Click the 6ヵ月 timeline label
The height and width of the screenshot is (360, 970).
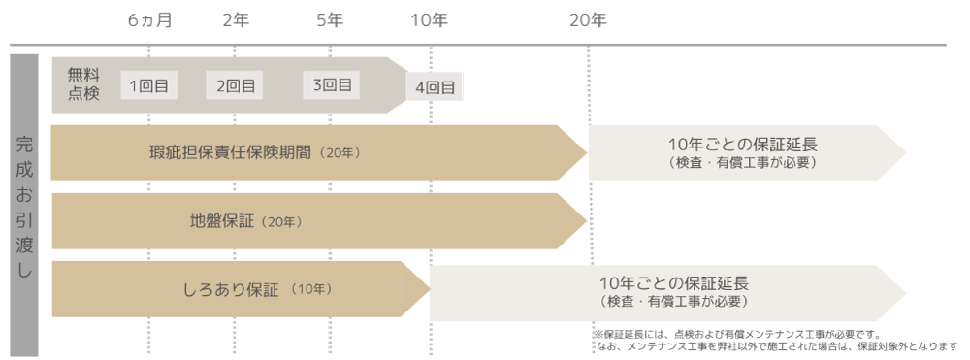tap(149, 20)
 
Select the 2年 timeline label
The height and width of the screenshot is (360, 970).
tap(236, 20)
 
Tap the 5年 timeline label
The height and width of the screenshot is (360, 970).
tap(330, 20)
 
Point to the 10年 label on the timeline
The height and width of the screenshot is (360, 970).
tap(430, 20)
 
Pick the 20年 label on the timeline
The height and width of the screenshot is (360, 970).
tap(589, 20)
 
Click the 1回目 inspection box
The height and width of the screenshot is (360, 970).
tap(149, 85)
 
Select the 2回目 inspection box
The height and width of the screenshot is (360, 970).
tap(235, 85)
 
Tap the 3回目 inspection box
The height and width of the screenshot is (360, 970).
tap(331, 84)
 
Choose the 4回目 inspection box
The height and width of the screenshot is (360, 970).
tap(435, 87)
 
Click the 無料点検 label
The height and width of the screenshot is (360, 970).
tap(83, 85)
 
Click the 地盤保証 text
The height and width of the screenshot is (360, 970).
tap(222, 221)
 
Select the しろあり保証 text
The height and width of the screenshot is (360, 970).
tap(232, 289)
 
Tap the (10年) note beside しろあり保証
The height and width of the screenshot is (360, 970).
tap(310, 289)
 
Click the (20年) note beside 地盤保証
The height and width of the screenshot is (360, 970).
tap(281, 221)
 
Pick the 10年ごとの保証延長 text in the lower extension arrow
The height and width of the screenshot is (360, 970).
tap(674, 284)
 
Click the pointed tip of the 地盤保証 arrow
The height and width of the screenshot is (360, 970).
tap(587, 220)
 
